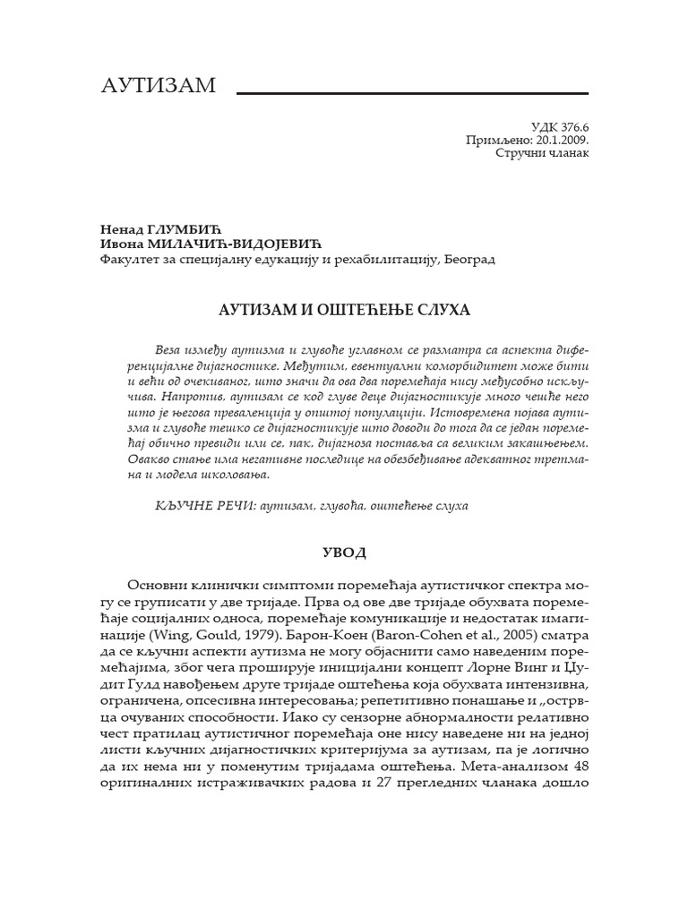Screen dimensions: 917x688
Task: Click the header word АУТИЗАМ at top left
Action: (x=159, y=85)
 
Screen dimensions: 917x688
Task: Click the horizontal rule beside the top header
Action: (x=411, y=92)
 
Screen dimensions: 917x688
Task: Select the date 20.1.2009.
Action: (x=561, y=141)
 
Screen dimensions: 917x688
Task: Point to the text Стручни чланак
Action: (x=543, y=154)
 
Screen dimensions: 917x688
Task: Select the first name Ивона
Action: (x=118, y=244)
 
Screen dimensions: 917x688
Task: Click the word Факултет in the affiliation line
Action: (x=128, y=259)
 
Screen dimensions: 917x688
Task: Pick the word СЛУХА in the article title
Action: (x=440, y=310)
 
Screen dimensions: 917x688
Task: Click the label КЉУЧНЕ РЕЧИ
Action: (x=203, y=506)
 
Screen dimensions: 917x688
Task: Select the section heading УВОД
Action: (x=344, y=552)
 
